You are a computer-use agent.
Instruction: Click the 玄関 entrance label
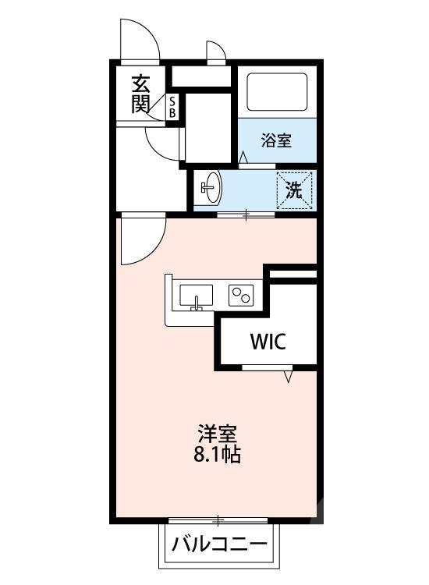point(140,94)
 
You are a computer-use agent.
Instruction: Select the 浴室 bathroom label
point(276,141)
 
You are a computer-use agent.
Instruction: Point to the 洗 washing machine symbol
point(294,190)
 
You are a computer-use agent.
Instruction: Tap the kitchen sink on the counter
point(196,297)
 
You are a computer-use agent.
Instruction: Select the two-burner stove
point(240,295)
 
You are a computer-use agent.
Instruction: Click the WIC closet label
point(268,341)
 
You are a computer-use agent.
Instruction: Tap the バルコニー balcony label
point(219,543)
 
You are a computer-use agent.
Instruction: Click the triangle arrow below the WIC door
point(289,378)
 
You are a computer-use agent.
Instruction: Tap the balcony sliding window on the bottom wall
point(218,519)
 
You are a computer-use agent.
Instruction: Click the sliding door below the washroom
point(245,213)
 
